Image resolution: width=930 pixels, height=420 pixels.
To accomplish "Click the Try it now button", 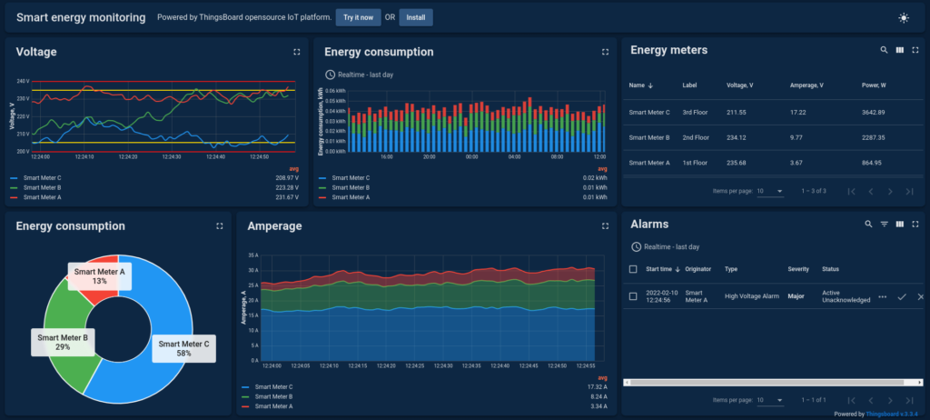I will click(x=358, y=17).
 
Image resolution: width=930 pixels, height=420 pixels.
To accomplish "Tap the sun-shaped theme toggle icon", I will click(x=903, y=17).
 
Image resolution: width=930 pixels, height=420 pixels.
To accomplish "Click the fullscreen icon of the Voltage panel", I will click(x=296, y=53).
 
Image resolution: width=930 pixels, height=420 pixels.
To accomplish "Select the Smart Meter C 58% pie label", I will click(x=183, y=349).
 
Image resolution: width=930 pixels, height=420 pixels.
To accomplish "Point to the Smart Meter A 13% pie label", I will click(x=100, y=275).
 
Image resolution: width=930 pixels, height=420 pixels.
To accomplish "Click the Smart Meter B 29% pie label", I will click(x=62, y=342).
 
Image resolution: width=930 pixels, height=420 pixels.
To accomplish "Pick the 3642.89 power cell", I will click(x=873, y=112).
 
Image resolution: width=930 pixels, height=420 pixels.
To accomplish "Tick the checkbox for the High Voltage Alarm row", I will click(x=633, y=296).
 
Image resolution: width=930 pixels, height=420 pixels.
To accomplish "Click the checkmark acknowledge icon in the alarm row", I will click(x=902, y=297).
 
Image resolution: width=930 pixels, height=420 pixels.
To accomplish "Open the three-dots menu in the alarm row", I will click(x=882, y=297).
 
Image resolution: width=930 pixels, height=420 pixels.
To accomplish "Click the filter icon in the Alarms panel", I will click(x=884, y=224).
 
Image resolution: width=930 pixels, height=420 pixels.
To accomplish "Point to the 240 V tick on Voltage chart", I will click(x=22, y=81).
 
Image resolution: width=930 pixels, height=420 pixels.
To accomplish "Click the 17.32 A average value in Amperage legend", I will click(x=597, y=387).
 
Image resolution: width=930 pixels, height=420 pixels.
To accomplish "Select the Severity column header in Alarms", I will click(x=797, y=269).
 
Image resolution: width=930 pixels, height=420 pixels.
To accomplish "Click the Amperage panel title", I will click(x=274, y=225).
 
